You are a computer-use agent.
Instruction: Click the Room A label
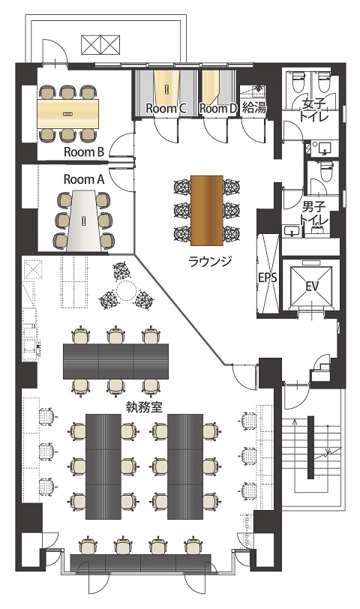[x=84, y=179]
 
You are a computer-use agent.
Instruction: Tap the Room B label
[x=84, y=151]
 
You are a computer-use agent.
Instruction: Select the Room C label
[x=166, y=108]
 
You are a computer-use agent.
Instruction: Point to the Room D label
[x=217, y=108]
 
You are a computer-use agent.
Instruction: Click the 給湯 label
[x=254, y=107]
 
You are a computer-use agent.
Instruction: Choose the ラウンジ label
[x=210, y=261]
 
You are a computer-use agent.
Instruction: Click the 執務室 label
[x=145, y=406]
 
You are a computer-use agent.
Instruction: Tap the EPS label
[x=268, y=277]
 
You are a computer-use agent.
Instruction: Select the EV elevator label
[x=312, y=286]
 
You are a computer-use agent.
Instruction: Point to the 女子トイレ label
[x=313, y=110]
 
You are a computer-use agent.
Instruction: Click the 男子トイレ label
[x=313, y=212]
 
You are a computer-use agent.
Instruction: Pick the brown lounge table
[x=207, y=210]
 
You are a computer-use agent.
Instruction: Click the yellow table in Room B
[x=68, y=113]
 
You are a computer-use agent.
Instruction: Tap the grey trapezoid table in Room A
[x=84, y=220]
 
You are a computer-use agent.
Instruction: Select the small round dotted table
[x=126, y=290]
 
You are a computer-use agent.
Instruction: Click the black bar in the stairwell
[x=310, y=447]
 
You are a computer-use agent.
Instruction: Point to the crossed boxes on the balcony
[x=100, y=45]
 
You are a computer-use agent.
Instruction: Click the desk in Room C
[x=166, y=88]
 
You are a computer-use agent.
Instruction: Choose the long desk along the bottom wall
[x=141, y=562]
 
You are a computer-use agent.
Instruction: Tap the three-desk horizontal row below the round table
[x=115, y=361]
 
